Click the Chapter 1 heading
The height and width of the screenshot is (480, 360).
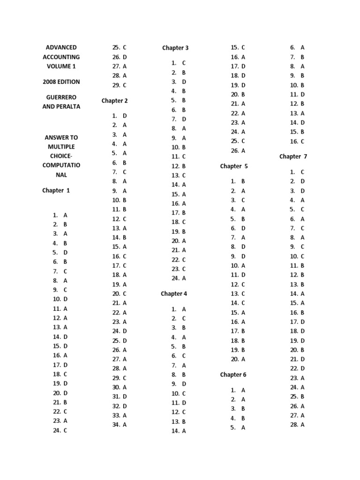(56, 190)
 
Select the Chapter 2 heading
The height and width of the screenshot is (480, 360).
(114, 101)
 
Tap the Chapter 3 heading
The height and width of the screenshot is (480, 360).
(175, 48)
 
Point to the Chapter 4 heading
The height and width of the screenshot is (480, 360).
(174, 294)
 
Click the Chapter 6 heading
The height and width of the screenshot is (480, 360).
(233, 375)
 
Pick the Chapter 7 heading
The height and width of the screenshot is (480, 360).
(293, 157)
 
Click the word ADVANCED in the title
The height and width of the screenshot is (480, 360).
(61, 47)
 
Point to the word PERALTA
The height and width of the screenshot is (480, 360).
(68, 106)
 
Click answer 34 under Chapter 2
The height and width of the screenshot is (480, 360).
(119, 425)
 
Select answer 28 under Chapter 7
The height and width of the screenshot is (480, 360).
(297, 425)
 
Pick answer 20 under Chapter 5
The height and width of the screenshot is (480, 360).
(238, 359)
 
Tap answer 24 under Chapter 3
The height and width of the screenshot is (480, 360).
(179, 278)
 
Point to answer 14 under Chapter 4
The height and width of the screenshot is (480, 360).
(179, 431)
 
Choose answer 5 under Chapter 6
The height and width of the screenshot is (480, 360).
(238, 427)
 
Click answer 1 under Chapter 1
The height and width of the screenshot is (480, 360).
(60, 215)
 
